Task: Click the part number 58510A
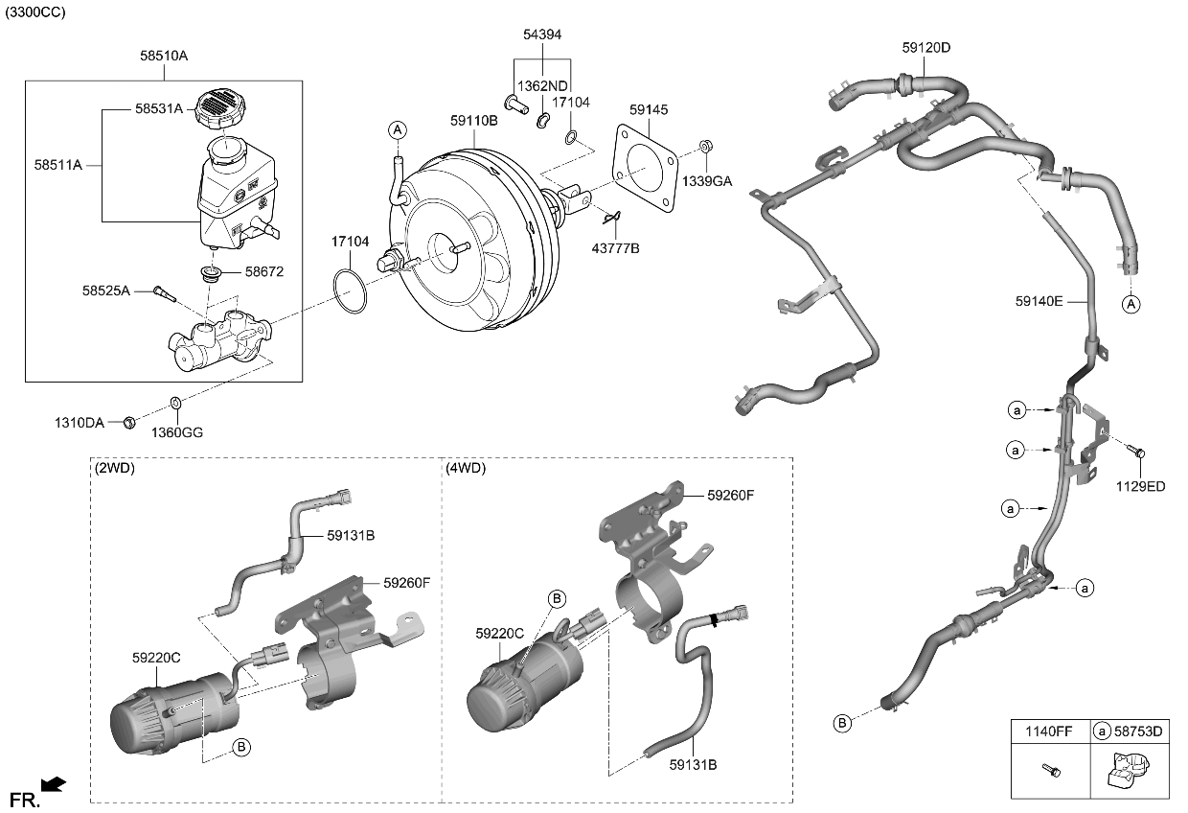[x=164, y=57]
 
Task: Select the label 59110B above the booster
[x=474, y=121]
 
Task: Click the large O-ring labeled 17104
[x=351, y=290]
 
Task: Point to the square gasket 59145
[x=647, y=176]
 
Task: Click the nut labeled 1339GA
[x=704, y=147]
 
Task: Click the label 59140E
[x=1039, y=300]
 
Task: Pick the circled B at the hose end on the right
[x=842, y=723]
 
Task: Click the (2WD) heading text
[x=115, y=469]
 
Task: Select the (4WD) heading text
[x=466, y=469]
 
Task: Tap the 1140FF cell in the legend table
[x=1050, y=732]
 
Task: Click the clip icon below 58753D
[x=1127, y=772]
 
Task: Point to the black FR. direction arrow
[x=55, y=785]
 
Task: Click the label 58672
[x=263, y=272]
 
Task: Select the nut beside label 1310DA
[x=128, y=422]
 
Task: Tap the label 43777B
[x=614, y=248]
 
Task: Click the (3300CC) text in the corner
[x=36, y=12]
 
